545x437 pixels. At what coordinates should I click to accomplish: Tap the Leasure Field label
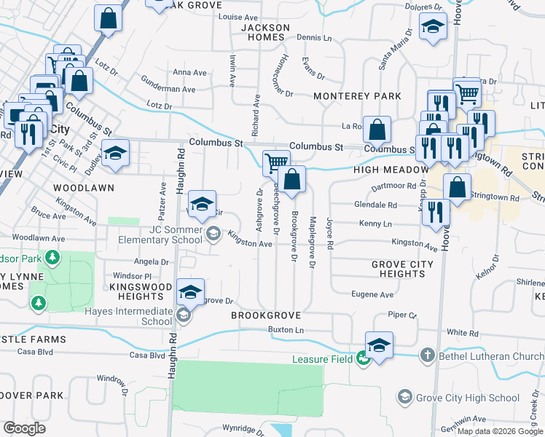click(x=323, y=359)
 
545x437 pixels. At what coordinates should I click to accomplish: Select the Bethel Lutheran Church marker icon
click(x=428, y=356)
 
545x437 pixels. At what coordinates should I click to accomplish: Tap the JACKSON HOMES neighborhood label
click(x=265, y=32)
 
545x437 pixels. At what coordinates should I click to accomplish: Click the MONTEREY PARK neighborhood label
click(x=357, y=96)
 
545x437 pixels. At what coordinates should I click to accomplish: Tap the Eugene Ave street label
click(x=372, y=295)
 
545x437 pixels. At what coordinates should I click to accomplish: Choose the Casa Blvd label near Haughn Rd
click(x=149, y=355)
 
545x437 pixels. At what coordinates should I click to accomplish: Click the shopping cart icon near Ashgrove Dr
click(x=276, y=162)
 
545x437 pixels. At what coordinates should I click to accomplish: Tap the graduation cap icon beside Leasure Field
click(x=380, y=345)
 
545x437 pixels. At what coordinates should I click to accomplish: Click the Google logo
click(x=25, y=428)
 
